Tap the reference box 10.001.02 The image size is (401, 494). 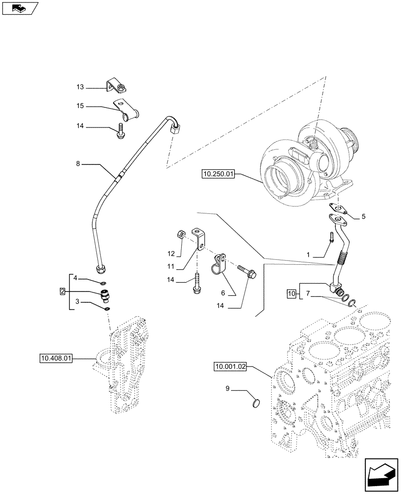click(x=230, y=367)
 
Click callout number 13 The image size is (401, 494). click(x=80, y=88)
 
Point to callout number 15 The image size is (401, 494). click(x=80, y=106)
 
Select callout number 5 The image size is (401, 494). click(x=363, y=216)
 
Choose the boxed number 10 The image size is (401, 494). click(x=290, y=294)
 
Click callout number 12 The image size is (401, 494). click(x=171, y=253)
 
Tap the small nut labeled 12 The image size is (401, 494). click(x=181, y=234)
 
